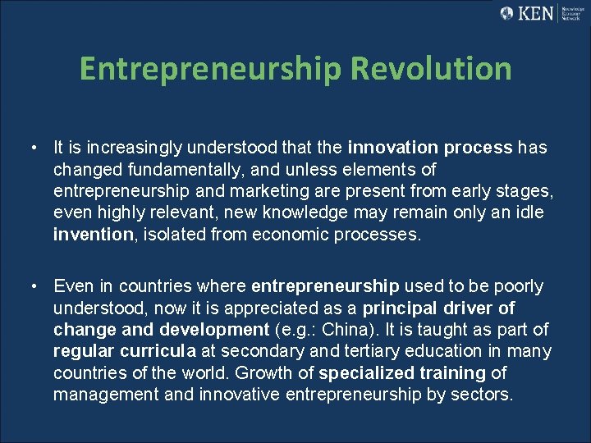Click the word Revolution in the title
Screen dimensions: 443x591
tap(431, 69)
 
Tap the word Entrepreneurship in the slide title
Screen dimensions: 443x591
tap(211, 70)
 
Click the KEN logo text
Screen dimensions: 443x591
tap(538, 13)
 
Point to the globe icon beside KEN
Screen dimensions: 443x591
tap(507, 13)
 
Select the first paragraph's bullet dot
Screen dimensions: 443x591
tap(30, 148)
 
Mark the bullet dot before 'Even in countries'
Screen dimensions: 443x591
tap(30, 286)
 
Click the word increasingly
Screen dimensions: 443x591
tap(121, 148)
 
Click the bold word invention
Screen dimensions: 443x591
tap(92, 235)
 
